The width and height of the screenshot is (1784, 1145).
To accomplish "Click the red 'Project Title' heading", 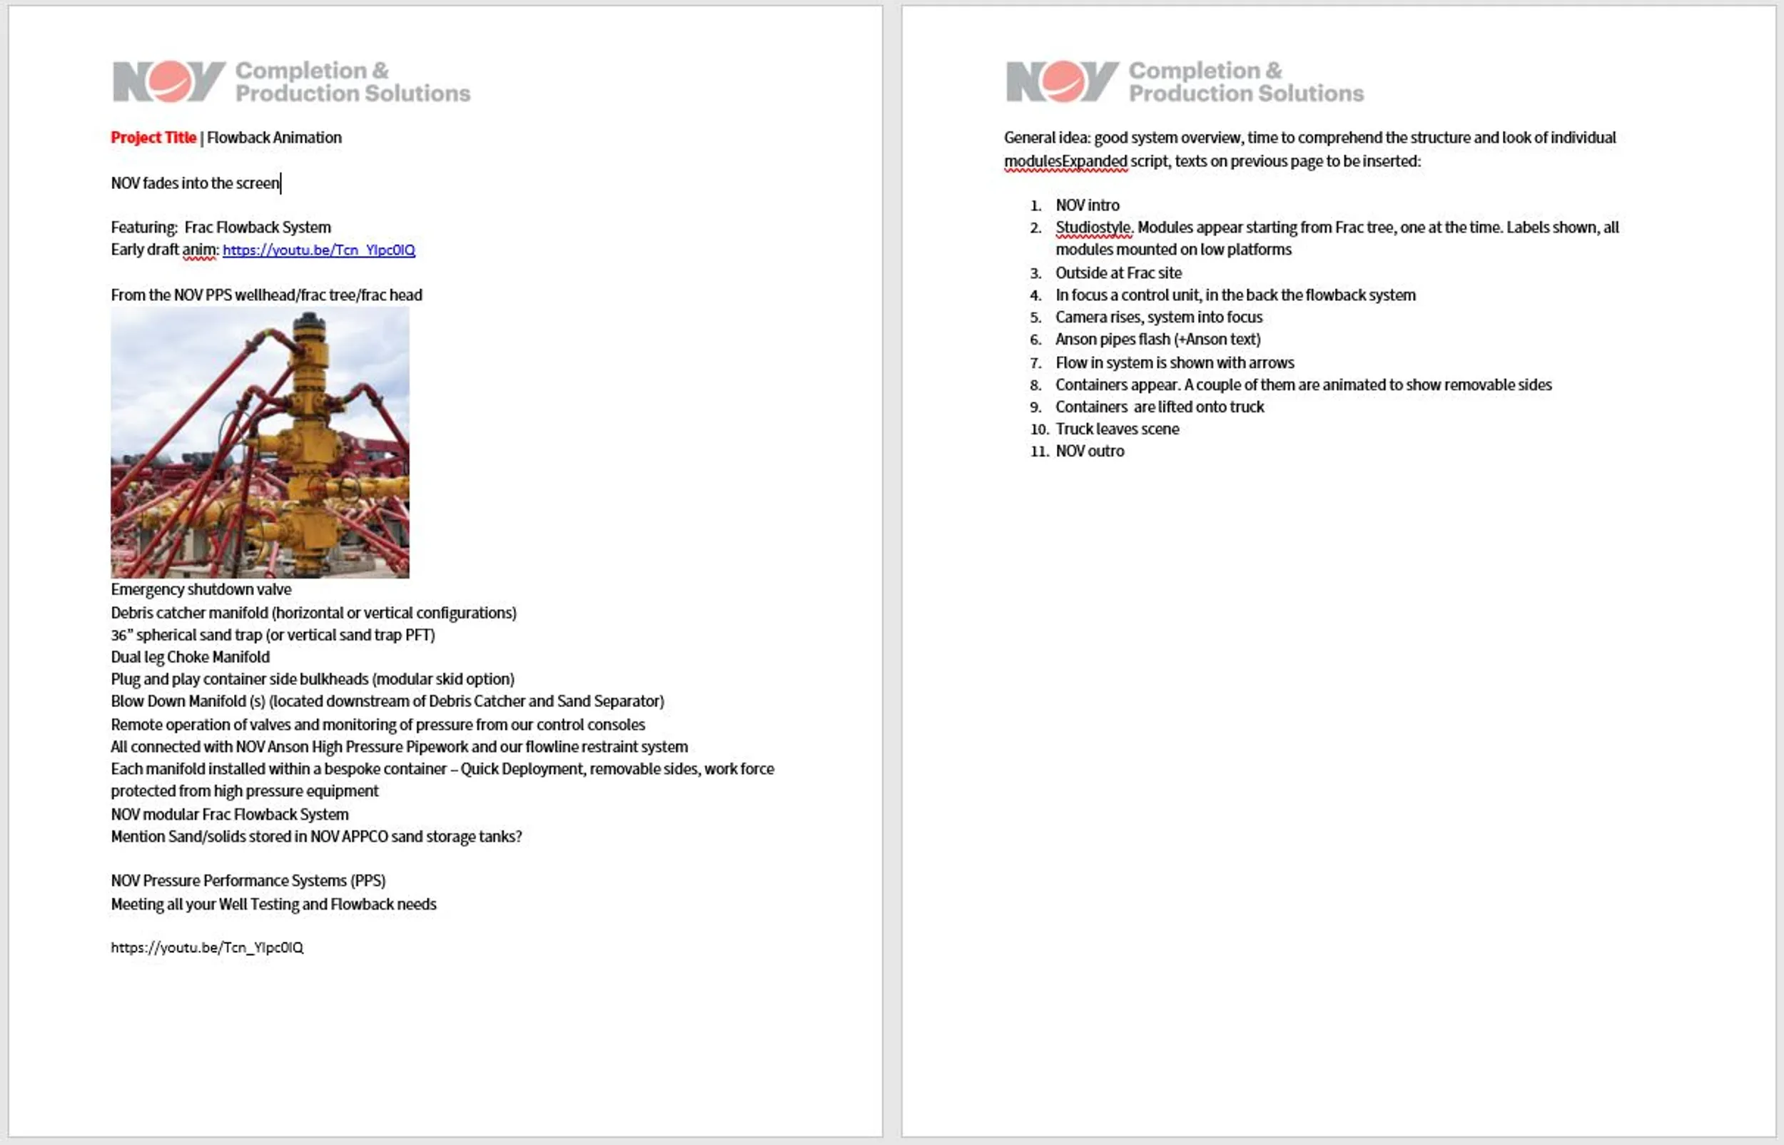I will point(153,138).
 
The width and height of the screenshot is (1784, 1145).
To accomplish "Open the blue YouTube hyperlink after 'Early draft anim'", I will point(318,250).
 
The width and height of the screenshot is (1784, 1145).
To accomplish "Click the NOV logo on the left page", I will point(169,81).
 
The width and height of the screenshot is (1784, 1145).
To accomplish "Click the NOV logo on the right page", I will point(1062,81).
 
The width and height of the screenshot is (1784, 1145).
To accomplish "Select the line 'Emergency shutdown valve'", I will point(201,589).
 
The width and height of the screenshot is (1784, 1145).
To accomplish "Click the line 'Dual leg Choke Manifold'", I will point(190,657).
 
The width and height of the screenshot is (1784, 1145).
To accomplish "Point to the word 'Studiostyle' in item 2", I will point(1093,228).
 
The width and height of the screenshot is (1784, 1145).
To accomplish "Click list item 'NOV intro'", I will point(1088,205).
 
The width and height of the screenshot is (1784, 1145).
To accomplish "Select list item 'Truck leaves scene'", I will point(1117,429).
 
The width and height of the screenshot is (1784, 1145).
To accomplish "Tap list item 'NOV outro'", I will point(1090,452).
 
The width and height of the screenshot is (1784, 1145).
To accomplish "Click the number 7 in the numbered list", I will point(1035,363).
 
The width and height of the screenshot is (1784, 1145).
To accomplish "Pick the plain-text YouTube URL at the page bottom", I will point(207,948).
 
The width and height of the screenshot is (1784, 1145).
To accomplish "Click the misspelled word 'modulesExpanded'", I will point(1065,161).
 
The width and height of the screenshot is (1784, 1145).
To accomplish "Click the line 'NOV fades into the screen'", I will point(195,183).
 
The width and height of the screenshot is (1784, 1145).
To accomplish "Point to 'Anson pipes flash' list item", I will point(1158,340).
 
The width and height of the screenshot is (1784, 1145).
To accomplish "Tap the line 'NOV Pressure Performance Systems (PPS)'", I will point(248,881).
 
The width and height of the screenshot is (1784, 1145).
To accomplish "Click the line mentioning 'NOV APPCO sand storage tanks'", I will point(316,836).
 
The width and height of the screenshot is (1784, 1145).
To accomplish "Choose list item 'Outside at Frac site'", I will point(1118,273).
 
